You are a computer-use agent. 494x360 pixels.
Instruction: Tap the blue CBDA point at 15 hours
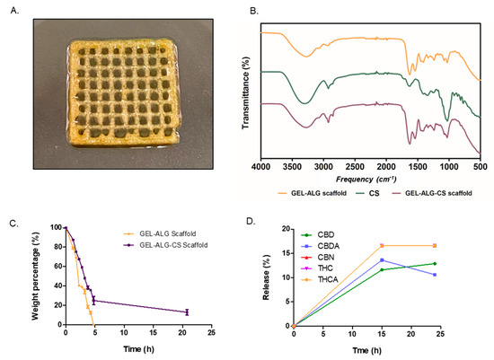[382, 259]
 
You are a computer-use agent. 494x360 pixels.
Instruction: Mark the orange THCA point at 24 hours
[435, 245]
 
